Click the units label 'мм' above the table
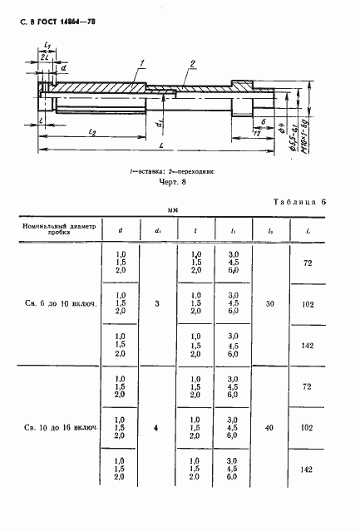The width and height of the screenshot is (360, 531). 175,212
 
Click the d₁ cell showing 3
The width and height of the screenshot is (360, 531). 158,305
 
